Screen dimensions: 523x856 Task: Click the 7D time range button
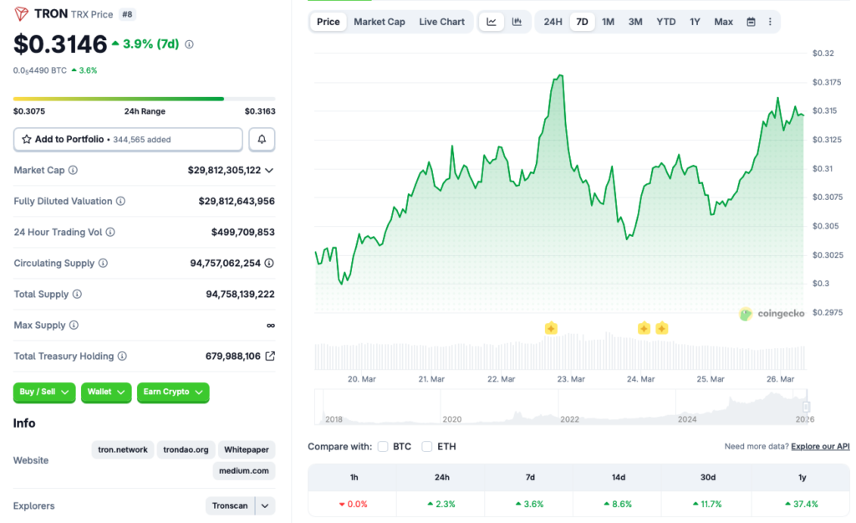582,22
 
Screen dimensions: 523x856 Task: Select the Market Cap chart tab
379,22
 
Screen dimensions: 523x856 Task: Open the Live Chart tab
441,22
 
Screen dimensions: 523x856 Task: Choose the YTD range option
665,22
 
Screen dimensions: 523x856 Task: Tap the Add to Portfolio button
128,140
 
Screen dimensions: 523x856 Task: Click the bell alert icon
262,140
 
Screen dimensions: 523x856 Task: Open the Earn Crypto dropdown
172,392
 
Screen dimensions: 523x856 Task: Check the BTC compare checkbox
383,447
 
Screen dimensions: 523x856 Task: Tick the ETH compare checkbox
427,447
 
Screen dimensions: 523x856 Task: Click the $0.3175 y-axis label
828,82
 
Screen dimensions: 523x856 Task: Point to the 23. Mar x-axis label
571,379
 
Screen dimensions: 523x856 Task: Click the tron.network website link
123,449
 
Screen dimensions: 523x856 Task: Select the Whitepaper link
246,449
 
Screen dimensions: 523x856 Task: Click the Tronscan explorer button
230,505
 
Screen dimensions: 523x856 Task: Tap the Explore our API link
820,447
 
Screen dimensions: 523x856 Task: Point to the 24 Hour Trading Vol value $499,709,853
242,232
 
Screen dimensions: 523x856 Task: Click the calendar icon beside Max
751,22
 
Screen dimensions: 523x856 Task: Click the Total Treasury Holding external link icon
270,356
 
